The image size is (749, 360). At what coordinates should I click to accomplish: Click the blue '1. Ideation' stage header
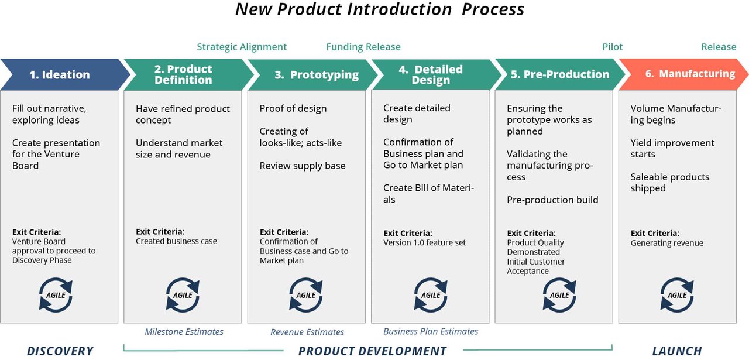pos(60,74)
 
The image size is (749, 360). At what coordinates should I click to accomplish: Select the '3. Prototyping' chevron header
pos(316,74)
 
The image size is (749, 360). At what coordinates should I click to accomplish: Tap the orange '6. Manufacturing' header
pos(689,74)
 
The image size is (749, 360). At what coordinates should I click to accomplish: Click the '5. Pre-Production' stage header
pos(559,74)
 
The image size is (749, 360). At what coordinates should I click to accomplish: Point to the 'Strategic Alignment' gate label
pos(242,47)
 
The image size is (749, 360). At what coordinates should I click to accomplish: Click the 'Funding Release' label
pos(363,47)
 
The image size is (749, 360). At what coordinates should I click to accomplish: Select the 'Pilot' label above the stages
pos(612,47)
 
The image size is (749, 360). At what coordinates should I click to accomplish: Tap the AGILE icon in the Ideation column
pos(56,295)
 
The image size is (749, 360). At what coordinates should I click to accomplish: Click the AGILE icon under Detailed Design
pos(431,295)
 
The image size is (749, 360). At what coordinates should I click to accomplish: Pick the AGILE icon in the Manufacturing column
pos(677,295)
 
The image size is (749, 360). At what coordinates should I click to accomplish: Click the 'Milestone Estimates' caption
pos(184,332)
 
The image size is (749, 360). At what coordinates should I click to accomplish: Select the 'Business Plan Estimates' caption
pos(431,331)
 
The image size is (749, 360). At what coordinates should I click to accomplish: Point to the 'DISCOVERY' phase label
pos(60,351)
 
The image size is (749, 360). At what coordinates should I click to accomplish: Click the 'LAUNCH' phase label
pos(676,351)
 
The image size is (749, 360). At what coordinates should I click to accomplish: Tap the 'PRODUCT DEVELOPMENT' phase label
pos(372,351)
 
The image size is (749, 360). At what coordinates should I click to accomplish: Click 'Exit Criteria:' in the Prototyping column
pos(284,232)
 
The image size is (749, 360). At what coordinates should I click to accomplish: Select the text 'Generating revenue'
pos(666,243)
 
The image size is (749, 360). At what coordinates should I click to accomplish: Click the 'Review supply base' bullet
pos(303,166)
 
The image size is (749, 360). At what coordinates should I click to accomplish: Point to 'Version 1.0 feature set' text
pos(424,242)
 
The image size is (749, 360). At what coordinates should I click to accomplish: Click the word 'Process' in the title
pos(493,9)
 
